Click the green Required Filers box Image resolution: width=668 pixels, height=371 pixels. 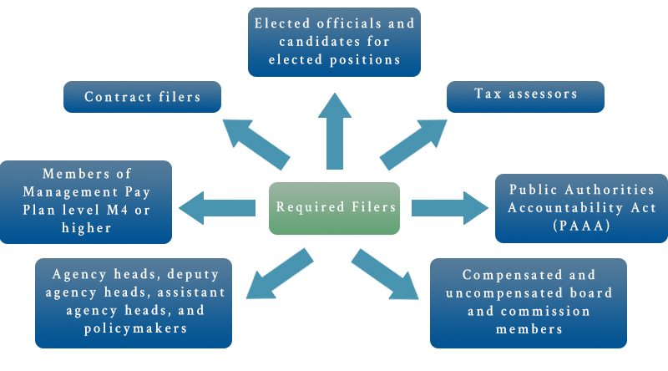click(334, 208)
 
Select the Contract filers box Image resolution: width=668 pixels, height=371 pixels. click(143, 97)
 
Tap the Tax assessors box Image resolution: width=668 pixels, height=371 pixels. click(525, 94)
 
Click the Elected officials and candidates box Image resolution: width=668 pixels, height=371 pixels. click(334, 41)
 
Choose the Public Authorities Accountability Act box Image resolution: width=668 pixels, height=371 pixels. click(582, 208)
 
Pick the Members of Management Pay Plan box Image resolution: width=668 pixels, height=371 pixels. click(86, 201)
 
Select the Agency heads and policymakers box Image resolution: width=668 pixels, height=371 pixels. click(134, 302)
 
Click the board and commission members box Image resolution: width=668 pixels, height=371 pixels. click(527, 302)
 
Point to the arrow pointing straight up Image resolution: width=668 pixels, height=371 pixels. click(334, 130)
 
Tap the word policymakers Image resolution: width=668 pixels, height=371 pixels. click(134, 329)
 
